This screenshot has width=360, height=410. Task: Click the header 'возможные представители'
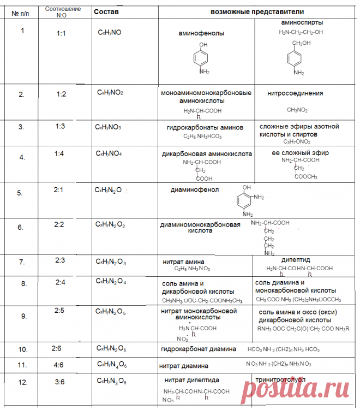[257, 11]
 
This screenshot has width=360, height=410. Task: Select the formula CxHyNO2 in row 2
[110, 93]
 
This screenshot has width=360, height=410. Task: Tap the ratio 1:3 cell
[61, 127]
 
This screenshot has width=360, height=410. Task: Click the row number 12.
[22, 382]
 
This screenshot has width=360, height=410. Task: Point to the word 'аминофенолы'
[201, 33]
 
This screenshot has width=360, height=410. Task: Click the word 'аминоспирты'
[301, 23]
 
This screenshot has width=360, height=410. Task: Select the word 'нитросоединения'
[295, 93]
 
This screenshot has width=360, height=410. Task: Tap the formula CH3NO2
[297, 110]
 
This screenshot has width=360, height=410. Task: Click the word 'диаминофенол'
[195, 190]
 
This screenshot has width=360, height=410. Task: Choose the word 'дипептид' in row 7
[296, 260]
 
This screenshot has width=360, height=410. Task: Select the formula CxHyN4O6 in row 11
[112, 364]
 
